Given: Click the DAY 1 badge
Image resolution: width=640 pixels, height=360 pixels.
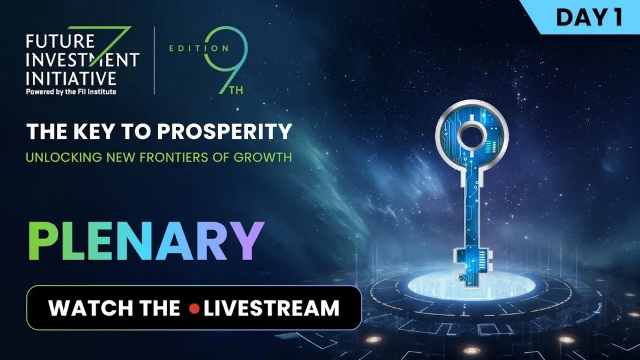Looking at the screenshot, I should coord(588,17).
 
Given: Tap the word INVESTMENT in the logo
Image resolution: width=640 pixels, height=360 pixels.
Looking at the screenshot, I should coord(83,60).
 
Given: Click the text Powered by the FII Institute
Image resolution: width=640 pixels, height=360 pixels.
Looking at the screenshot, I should coord(71,92).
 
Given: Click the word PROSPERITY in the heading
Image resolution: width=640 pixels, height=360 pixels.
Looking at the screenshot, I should coord(231,131).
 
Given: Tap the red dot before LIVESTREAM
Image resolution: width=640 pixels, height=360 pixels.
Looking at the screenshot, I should coord(194,309).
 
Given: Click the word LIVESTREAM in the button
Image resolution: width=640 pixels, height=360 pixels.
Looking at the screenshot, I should coord(271,308).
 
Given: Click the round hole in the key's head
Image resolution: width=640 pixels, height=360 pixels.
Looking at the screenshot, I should coord(472,133).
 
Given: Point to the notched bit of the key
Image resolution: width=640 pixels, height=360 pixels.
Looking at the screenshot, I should coord(463,264).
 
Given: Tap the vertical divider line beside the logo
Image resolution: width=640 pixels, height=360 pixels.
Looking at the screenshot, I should coord(154,60).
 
